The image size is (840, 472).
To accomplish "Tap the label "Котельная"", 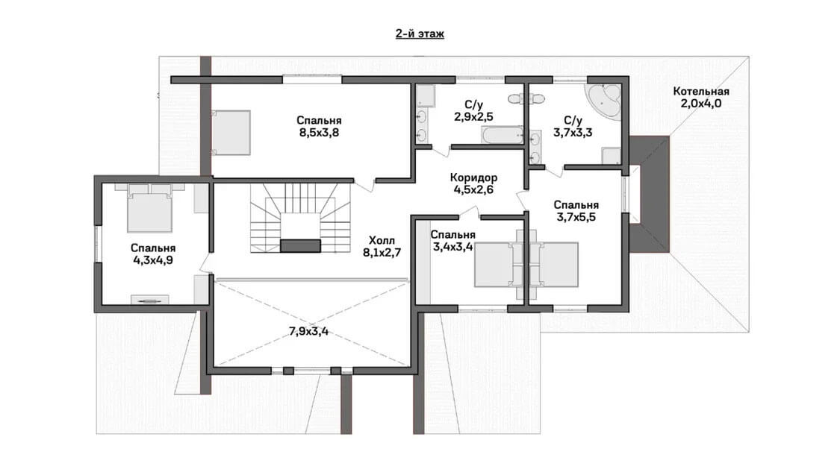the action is point(700,92).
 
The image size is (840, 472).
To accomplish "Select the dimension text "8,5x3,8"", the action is point(319,132).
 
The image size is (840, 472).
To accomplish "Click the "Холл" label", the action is point(382,241).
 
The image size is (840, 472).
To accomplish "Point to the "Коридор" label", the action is point(473,177).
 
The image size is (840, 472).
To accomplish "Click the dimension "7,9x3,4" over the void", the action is point(308,331).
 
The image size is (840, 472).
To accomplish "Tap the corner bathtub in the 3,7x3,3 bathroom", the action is point(604,100).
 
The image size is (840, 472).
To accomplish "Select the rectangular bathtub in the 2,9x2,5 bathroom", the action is point(502,135).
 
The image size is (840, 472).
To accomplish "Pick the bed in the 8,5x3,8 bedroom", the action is point(231,133).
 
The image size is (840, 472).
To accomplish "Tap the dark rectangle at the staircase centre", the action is point(301,245).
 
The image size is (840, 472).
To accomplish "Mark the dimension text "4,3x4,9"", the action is point(152,260).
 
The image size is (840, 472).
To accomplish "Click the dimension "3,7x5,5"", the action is point(576,217).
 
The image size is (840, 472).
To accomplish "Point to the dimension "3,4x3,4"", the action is point(452,246).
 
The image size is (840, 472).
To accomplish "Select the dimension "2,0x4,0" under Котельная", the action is point(700,104).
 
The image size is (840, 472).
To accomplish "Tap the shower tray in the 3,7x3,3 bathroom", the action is point(611,156).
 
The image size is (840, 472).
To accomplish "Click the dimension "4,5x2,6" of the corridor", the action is point(473,189).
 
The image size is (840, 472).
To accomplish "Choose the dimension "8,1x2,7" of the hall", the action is point(382,253).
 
